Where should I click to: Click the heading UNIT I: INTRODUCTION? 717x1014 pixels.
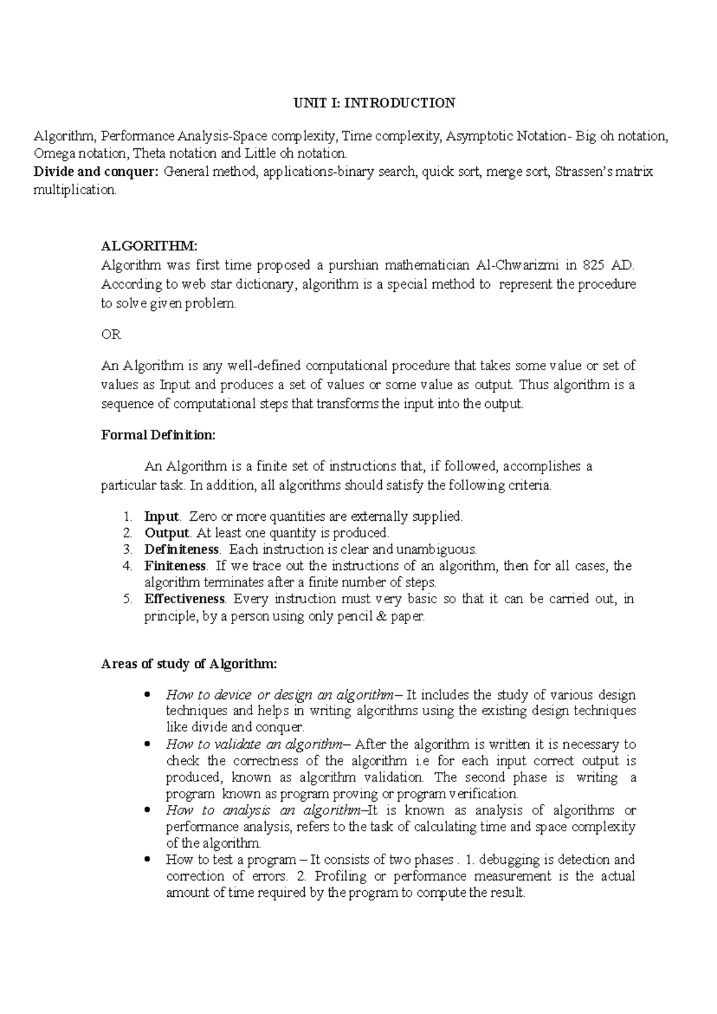pos(373,103)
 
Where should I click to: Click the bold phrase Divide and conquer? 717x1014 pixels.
pos(96,172)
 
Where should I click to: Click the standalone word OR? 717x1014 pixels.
pos(111,335)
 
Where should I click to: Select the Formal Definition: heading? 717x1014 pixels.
pos(158,435)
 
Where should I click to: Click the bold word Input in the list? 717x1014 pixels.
pos(161,516)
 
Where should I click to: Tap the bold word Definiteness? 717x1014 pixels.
pos(182,549)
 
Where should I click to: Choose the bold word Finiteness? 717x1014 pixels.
pos(174,566)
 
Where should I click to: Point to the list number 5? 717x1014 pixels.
pos(127,599)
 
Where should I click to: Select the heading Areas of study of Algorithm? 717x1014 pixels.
pos(189,664)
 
